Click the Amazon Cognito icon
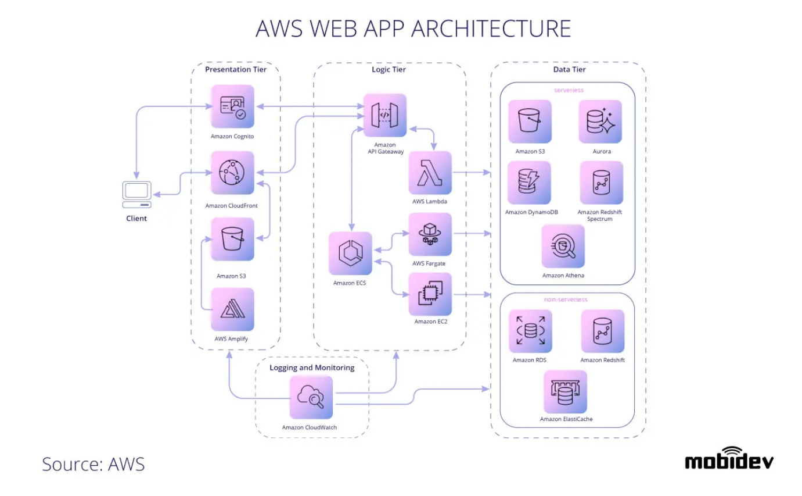(x=232, y=106)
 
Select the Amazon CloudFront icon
(x=232, y=173)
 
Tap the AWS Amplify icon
(x=232, y=309)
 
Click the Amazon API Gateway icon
(x=385, y=115)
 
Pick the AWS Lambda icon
(x=430, y=173)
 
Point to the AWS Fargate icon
(x=430, y=234)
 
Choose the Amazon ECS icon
(x=350, y=253)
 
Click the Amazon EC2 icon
(x=430, y=294)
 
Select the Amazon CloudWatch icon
(x=311, y=397)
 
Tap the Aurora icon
(x=600, y=122)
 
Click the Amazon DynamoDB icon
(x=530, y=183)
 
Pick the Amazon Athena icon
(x=563, y=246)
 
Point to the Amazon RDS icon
(x=530, y=331)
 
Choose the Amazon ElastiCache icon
(x=565, y=392)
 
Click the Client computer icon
(x=136, y=195)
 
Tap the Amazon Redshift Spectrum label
(x=600, y=216)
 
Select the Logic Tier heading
(x=389, y=70)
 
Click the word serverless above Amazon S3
(x=569, y=90)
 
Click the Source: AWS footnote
(x=93, y=463)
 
